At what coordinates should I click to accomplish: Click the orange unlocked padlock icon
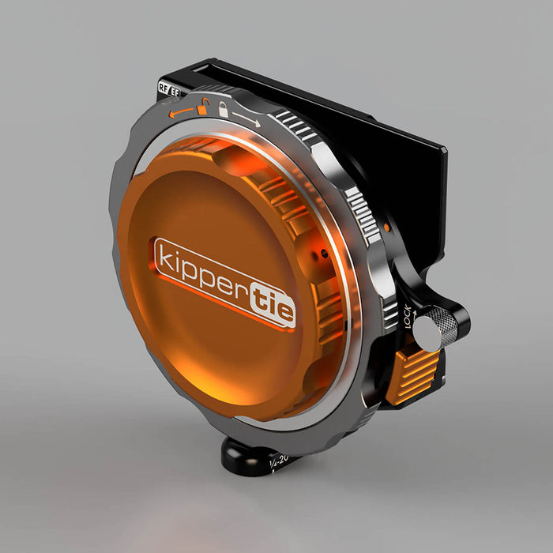click(205, 106)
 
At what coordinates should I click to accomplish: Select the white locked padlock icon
click(224, 110)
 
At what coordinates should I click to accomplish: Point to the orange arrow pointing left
click(181, 113)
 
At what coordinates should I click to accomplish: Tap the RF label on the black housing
click(164, 88)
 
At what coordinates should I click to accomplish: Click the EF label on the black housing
click(174, 91)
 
